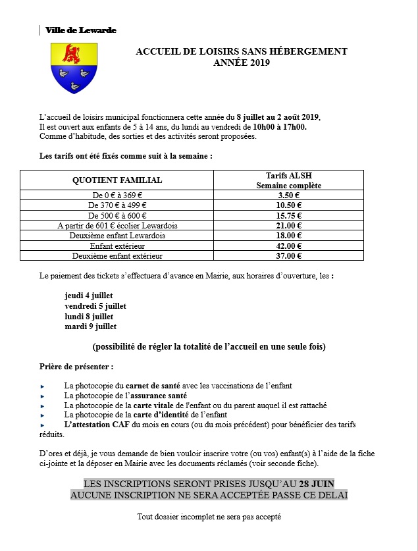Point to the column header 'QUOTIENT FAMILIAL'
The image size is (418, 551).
[x=117, y=180]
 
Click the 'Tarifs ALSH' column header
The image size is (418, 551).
[x=289, y=176]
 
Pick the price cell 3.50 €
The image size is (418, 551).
[x=289, y=196]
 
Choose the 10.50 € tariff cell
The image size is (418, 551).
[x=289, y=205]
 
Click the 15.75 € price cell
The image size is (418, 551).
[x=289, y=215]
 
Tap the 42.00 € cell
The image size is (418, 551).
[x=289, y=246]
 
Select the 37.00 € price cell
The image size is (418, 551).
[x=289, y=255]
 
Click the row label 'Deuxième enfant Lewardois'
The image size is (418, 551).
[x=117, y=236]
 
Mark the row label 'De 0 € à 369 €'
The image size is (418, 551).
[x=117, y=196]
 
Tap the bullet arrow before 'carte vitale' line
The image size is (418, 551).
[x=42, y=406]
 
